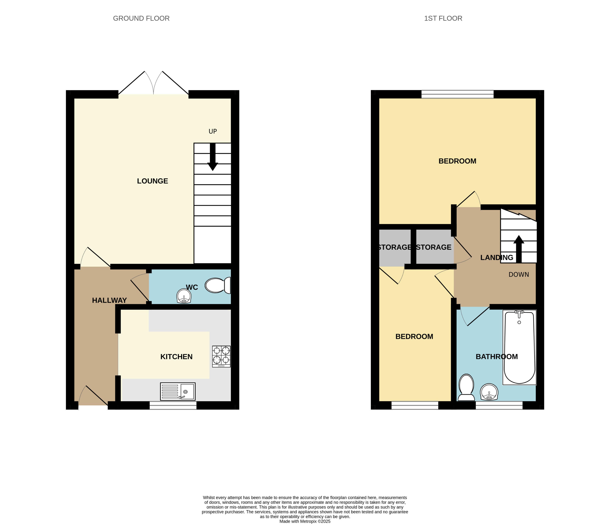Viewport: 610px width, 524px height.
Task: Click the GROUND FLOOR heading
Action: click(x=141, y=18)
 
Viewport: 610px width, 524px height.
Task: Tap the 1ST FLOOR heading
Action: click(x=443, y=18)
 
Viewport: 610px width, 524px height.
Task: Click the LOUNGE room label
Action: click(x=153, y=181)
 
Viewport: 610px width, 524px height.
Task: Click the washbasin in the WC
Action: click(x=184, y=296)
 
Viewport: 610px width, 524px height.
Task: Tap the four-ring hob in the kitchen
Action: click(x=221, y=356)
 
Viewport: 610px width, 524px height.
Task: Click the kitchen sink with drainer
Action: click(x=178, y=391)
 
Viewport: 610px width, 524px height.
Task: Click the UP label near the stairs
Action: click(x=212, y=131)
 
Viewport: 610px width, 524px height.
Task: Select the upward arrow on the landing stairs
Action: click(x=519, y=249)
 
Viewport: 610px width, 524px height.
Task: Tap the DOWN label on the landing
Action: click(x=519, y=274)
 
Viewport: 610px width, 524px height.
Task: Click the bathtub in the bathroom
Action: click(x=519, y=347)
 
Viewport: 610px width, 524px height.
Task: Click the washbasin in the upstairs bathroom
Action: click(x=489, y=392)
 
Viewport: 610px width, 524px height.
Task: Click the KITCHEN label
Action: click(x=176, y=357)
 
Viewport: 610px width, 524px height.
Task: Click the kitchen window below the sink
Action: click(x=173, y=405)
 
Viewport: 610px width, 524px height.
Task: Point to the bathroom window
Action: click(x=499, y=405)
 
